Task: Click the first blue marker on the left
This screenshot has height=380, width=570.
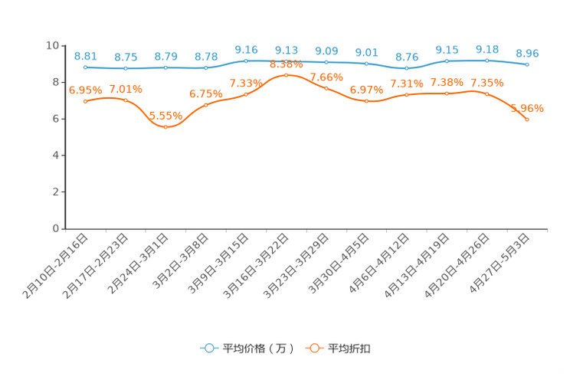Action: coord(85,67)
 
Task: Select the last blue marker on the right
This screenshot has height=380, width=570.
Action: coord(527,64)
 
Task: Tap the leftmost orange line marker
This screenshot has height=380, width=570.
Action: coord(85,101)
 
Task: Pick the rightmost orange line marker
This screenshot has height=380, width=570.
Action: coord(527,120)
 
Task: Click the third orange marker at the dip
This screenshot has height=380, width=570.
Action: coord(165,127)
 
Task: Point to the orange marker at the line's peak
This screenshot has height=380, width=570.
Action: coord(286,75)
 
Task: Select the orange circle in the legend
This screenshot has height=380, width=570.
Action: coord(314,348)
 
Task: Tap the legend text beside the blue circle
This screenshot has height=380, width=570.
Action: coord(258,349)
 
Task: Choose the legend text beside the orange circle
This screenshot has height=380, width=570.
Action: coord(351,349)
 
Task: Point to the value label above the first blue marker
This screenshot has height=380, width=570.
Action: coord(86,56)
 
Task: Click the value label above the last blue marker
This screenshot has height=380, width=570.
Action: coord(527,53)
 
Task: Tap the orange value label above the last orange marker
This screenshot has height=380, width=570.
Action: coord(527,108)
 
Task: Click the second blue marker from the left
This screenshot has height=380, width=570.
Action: coord(126,69)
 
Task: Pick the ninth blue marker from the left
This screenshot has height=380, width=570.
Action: coord(406,69)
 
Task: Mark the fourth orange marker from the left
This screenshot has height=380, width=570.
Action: coord(205,105)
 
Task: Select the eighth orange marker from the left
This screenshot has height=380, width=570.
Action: coord(366,101)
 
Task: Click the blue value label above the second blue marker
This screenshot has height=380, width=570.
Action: coord(126,57)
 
